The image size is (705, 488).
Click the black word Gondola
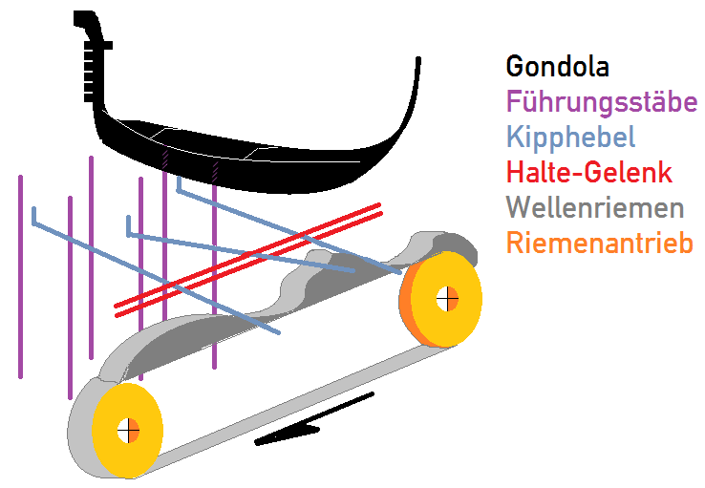tap(557, 67)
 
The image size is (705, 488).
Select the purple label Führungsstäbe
tap(602, 101)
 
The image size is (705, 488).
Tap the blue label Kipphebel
tap(570, 137)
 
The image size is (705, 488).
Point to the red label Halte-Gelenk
tap(589, 173)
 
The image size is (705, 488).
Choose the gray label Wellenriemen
tap(595, 208)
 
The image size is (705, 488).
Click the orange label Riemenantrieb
tap(599, 244)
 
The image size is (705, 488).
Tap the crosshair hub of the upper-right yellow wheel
tap(446, 299)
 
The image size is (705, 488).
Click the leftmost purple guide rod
tap(20, 277)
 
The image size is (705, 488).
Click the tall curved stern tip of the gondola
tap(417, 76)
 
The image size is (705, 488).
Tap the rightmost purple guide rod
tap(214, 286)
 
